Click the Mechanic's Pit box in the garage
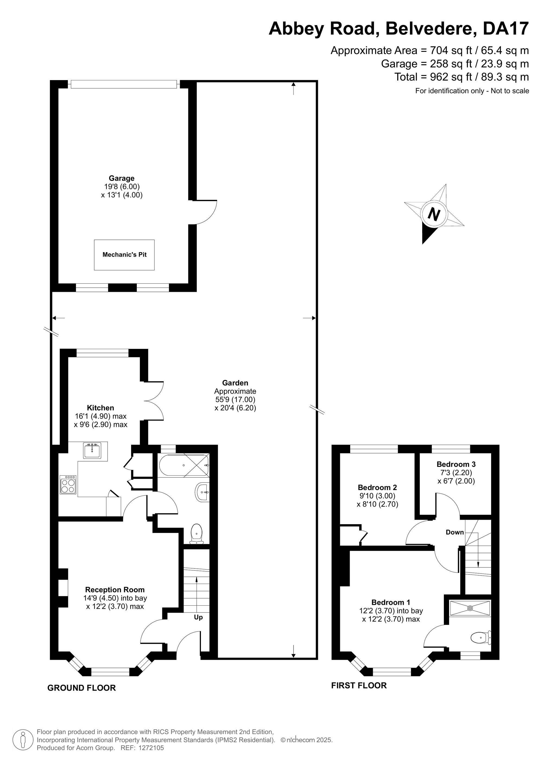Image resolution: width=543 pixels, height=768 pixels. [124, 255]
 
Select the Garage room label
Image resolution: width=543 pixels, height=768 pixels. [121, 178]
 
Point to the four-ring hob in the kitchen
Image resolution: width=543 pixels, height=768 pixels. [68, 484]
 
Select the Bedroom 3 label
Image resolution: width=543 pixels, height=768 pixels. [456, 464]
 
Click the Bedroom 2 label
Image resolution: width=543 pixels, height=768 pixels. [377, 487]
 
